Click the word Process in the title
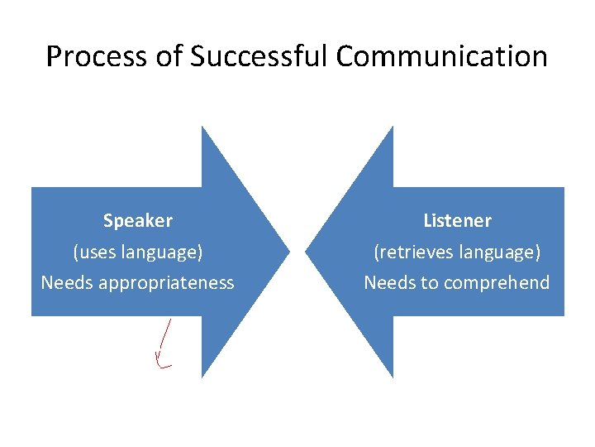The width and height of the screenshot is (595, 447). pyautogui.click(x=84, y=57)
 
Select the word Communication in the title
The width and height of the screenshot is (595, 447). pyautogui.click(x=442, y=57)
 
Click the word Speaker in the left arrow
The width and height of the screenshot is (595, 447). pyautogui.click(x=138, y=221)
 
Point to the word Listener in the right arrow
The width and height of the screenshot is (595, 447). pyautogui.click(x=457, y=221)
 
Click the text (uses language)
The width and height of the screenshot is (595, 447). pyautogui.click(x=138, y=252)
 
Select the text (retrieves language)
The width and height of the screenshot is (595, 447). pyautogui.click(x=457, y=252)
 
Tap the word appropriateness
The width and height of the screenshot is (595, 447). pyautogui.click(x=166, y=283)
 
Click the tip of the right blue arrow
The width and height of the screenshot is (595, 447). pyautogui.click(x=307, y=251)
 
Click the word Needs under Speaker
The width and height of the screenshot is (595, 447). pyautogui.click(x=67, y=283)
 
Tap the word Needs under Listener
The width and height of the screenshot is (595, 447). pyautogui.click(x=390, y=283)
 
